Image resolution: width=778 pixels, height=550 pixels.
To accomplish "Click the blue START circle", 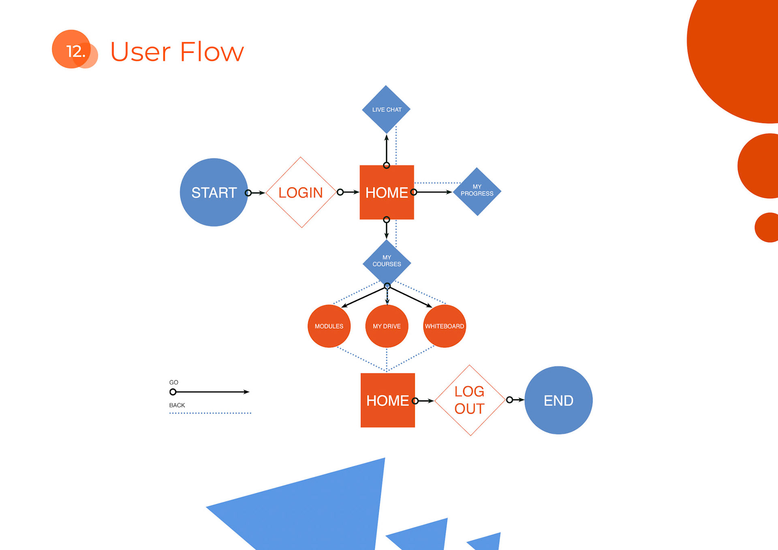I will [x=214, y=192].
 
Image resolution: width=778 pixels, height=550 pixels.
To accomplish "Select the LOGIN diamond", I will [x=301, y=192].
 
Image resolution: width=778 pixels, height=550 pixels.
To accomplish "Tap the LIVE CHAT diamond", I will [x=386, y=109].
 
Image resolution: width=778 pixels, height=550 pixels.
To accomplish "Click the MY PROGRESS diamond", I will [x=477, y=191].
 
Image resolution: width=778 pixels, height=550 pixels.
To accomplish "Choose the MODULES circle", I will [x=329, y=326].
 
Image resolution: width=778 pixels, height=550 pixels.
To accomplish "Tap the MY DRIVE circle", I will [x=387, y=326].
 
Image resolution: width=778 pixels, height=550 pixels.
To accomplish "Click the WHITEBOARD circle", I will [x=445, y=326].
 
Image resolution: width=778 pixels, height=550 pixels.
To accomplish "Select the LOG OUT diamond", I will [x=470, y=400].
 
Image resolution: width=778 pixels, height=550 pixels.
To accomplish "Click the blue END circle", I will [x=558, y=400].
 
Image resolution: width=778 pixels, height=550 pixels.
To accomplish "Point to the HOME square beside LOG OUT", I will [x=387, y=400].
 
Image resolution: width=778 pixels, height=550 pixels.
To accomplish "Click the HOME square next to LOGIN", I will [x=387, y=192].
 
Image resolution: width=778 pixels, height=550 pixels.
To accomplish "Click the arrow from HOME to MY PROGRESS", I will [x=433, y=192].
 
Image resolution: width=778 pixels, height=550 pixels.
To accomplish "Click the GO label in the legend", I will [x=174, y=382].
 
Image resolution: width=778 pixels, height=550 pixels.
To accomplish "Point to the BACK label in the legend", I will [x=177, y=405].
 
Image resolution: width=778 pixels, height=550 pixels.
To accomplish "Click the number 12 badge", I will [x=74, y=50].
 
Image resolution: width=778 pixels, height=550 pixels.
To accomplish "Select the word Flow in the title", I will [x=212, y=52].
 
